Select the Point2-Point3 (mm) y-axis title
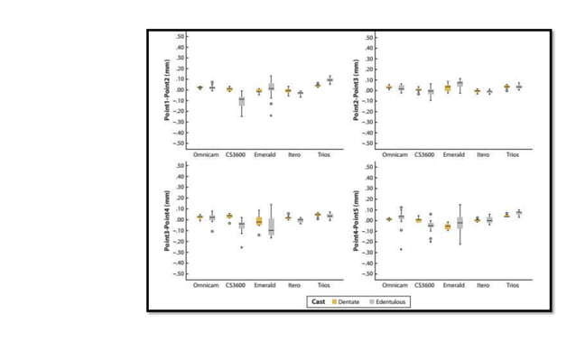(358, 90)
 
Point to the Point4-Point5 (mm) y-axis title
(358, 220)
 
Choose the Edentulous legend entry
(390, 301)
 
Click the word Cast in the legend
(318, 301)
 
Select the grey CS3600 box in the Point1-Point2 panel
(241, 101)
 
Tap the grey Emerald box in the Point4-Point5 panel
(460, 222)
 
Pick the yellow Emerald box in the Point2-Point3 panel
(447, 88)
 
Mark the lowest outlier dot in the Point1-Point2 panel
(271, 115)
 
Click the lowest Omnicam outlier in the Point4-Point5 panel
(401, 249)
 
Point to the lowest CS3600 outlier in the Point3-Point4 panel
(241, 247)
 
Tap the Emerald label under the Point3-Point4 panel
(265, 285)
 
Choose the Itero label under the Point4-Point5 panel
(483, 285)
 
